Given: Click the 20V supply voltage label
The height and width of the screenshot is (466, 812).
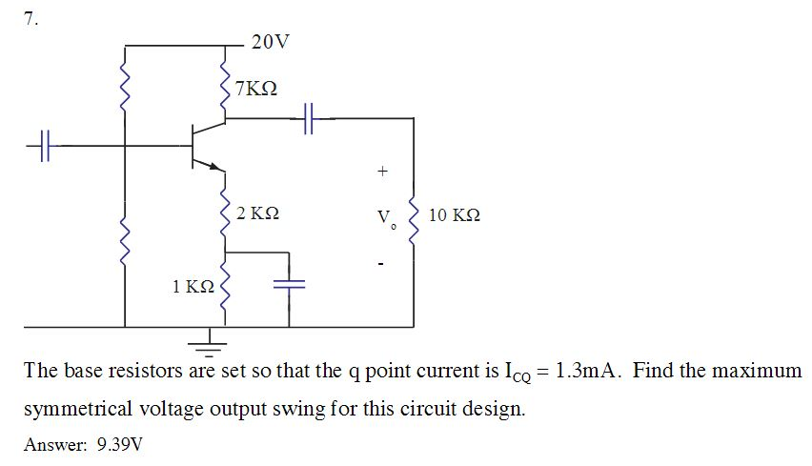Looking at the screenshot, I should [270, 42].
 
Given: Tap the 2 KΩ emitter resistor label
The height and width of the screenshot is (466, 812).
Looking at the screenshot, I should [257, 213].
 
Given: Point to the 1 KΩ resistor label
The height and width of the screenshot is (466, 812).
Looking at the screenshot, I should [193, 287].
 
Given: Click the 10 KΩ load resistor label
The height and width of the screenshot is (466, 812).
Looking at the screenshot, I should [455, 215].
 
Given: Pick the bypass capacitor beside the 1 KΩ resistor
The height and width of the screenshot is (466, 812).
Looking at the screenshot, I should [287, 283].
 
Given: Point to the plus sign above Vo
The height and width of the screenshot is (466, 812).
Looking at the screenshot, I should [383, 172].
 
